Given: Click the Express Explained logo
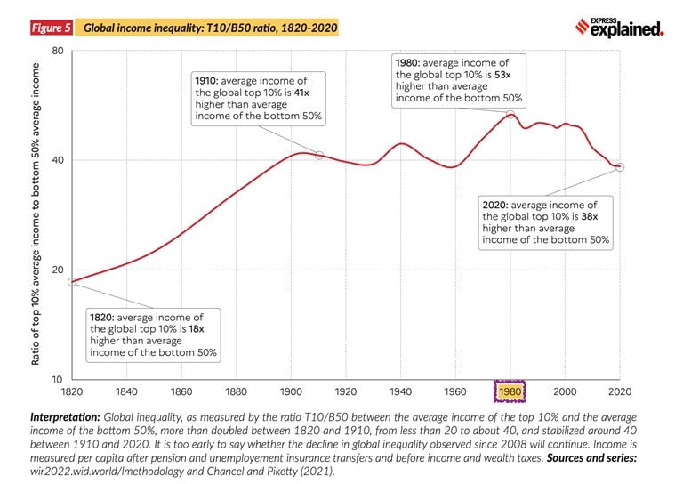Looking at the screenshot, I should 620,28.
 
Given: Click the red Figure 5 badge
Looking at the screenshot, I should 51,28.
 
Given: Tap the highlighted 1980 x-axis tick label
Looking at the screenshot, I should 510,391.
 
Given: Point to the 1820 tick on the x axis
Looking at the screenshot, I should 72,391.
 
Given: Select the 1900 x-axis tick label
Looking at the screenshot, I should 291,391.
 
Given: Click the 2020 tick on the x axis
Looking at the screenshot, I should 619,391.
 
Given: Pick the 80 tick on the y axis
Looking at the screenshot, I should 58,51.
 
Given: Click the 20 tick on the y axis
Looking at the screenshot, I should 58,270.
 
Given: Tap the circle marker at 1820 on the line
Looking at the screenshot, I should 73,282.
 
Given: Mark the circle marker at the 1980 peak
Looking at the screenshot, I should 510,113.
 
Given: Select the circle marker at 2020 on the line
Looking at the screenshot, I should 620,166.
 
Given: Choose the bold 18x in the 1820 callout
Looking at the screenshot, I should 197,328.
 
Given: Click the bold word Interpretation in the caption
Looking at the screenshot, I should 65,415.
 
